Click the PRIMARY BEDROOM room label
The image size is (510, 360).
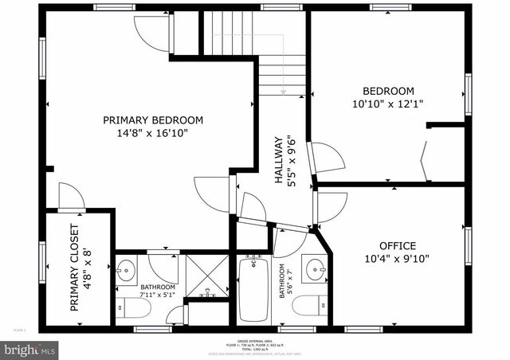(x=153, y=119)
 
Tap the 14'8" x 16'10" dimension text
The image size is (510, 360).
(x=153, y=133)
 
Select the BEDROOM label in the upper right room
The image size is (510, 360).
(x=388, y=91)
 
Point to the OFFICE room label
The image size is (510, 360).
(x=397, y=245)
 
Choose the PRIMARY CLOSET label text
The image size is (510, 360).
(x=74, y=268)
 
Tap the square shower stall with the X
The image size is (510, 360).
(x=207, y=275)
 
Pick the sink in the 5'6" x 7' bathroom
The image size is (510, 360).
(x=316, y=269)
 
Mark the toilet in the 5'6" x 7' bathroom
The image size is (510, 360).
(x=312, y=305)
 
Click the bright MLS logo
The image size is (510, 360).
(x=29, y=348)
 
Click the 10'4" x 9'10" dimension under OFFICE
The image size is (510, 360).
(x=397, y=259)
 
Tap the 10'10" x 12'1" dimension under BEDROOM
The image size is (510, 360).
(x=388, y=104)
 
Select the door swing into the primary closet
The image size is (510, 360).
(x=70, y=196)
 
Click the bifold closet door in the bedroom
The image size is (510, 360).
(x=425, y=158)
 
